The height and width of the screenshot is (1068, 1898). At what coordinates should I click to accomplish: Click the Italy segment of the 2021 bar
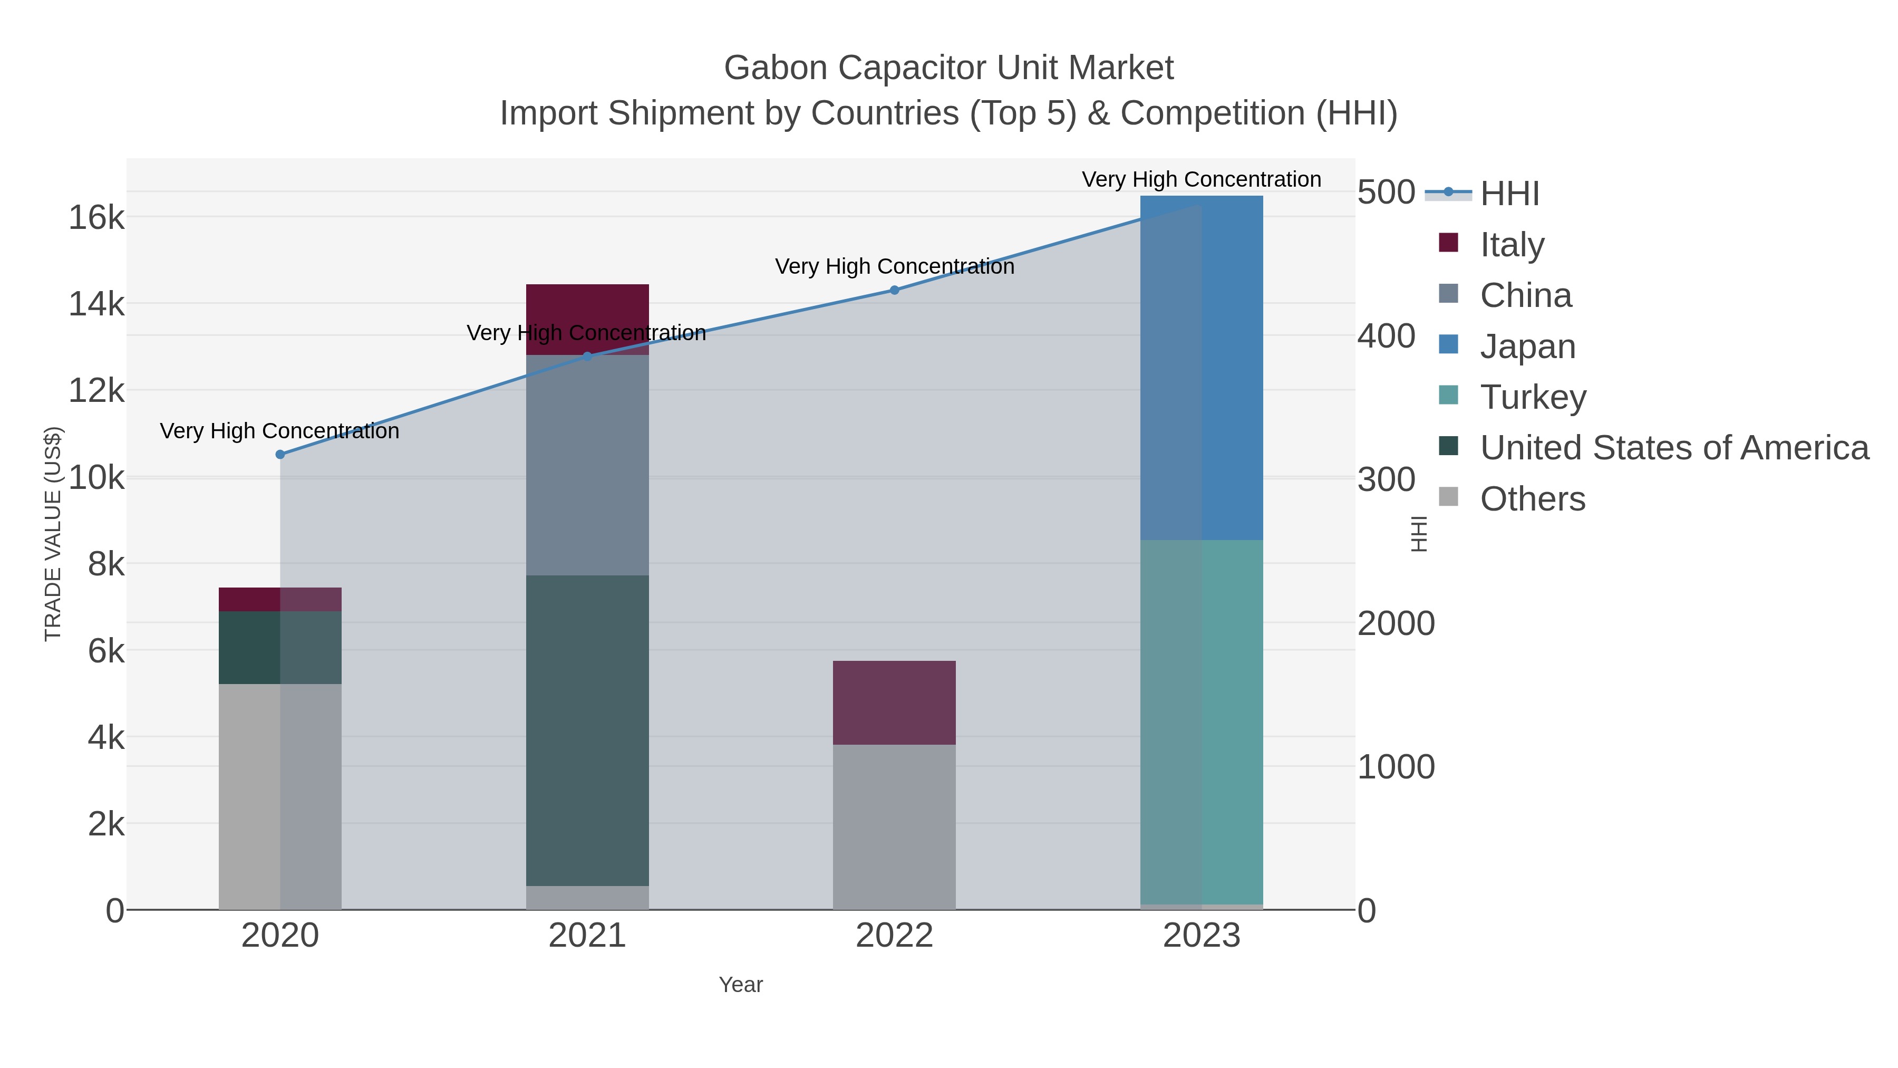(x=587, y=310)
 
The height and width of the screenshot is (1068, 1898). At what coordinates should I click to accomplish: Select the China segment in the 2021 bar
(x=587, y=464)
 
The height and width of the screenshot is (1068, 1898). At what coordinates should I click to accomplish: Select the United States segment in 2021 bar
(x=587, y=730)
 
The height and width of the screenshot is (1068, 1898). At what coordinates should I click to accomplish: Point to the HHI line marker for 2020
(x=280, y=455)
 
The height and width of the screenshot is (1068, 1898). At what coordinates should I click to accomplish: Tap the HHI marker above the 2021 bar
(x=587, y=357)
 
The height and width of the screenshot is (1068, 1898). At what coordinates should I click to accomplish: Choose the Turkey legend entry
(x=1533, y=397)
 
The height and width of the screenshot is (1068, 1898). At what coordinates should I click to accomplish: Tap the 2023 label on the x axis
(x=1201, y=936)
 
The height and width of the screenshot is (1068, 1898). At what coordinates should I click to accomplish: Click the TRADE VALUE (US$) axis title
(x=53, y=534)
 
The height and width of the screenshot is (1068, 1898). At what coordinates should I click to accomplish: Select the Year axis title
(x=741, y=985)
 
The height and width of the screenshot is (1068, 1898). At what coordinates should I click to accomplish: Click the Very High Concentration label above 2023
(x=1201, y=180)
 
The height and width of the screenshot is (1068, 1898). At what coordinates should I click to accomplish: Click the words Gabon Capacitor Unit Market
(x=948, y=68)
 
